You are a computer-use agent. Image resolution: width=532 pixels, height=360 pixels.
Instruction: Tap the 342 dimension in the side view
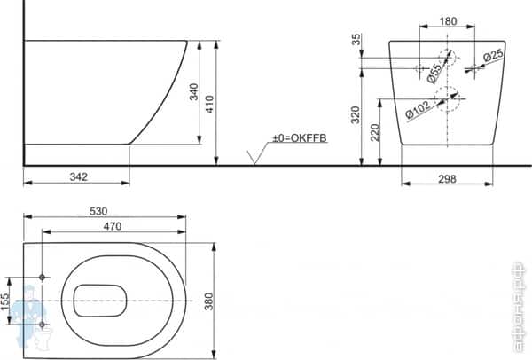(x=77, y=176)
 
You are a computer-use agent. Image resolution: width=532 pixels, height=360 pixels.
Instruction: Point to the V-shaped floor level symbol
(x=254, y=157)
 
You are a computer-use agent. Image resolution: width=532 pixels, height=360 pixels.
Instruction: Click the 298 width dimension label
(x=447, y=178)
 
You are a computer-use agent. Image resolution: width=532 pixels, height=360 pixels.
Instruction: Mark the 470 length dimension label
(x=112, y=227)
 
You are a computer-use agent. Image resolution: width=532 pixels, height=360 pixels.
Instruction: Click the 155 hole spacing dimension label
(x=7, y=301)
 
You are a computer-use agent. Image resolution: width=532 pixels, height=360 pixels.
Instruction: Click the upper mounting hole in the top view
(x=42, y=278)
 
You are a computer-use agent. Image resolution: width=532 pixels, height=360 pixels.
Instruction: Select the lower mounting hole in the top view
(x=42, y=325)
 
